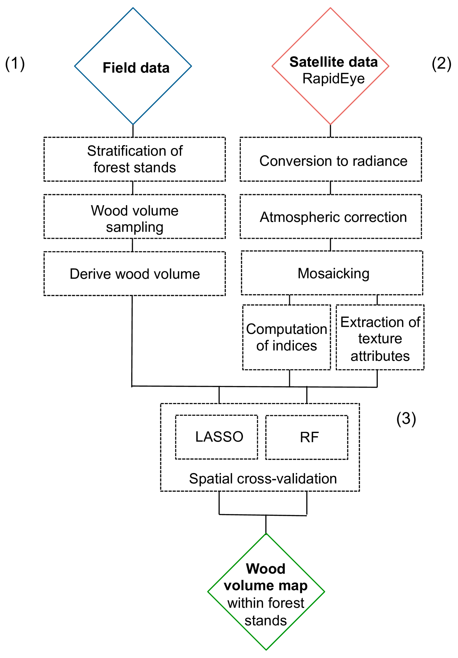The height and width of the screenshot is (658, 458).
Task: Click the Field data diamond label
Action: point(136,68)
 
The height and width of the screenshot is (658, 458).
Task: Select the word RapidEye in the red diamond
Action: point(333,79)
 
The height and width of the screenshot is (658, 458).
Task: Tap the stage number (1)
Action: point(15,63)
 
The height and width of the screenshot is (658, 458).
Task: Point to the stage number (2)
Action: point(441,63)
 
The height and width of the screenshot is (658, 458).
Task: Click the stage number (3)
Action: point(406,419)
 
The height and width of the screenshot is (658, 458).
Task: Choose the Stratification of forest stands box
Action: point(134,159)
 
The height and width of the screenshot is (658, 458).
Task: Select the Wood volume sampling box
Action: point(134,216)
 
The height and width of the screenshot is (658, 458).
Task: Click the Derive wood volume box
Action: point(134,273)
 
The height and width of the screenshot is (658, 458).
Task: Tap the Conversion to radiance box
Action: point(330,159)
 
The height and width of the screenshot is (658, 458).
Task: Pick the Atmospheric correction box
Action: point(330,216)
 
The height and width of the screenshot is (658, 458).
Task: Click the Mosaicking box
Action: point(332,273)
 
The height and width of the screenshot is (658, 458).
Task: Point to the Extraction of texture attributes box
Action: point(380,337)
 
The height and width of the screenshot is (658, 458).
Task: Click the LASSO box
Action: point(216,437)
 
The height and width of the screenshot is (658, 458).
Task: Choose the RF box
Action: point(307,437)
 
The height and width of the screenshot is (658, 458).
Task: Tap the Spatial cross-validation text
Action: point(263,479)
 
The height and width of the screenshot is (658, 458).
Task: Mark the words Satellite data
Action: point(333,62)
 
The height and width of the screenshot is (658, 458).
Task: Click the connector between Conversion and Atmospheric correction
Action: point(330,188)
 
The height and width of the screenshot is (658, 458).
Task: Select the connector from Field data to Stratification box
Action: point(133,131)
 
